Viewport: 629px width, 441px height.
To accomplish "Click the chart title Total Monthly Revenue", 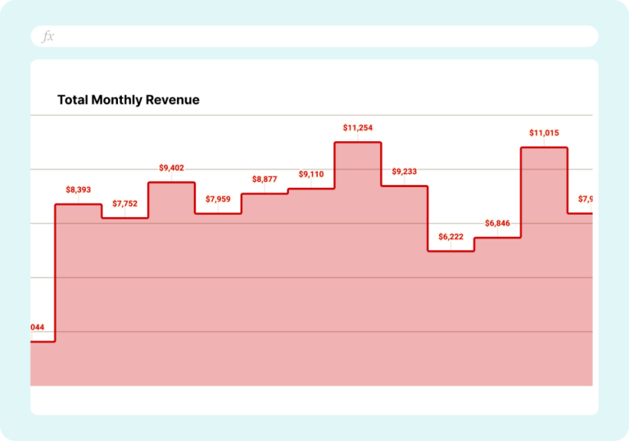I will coord(129,100).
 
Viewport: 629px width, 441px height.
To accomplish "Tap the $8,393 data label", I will coord(78,190).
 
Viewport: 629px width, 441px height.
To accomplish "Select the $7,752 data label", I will coord(125,203).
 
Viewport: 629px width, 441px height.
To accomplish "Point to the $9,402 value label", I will coord(171,168).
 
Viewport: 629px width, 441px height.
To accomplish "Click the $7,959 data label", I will coord(218,198).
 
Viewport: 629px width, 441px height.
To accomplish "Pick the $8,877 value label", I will coord(265,179).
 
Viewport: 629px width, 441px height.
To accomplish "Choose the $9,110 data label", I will coord(311,175).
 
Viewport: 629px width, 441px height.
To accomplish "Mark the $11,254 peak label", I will coord(358,128).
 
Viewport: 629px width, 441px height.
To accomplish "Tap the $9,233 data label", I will coord(405,171).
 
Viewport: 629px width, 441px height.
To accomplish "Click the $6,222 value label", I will coord(451,236).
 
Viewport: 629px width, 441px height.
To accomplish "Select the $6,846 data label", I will coord(498,223).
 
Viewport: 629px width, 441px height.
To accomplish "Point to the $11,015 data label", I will coord(545,133).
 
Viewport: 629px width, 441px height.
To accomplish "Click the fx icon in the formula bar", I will coord(48,37).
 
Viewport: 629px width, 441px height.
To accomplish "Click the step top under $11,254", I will coord(358,143).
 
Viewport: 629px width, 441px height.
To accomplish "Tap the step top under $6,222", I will coord(451,251).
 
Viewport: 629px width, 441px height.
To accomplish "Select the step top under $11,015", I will coord(545,148).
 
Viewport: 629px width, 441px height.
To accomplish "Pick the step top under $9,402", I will coord(171,182).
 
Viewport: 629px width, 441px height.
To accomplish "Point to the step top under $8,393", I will coord(78,204).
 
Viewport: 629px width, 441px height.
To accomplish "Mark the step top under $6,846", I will coord(498,238).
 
